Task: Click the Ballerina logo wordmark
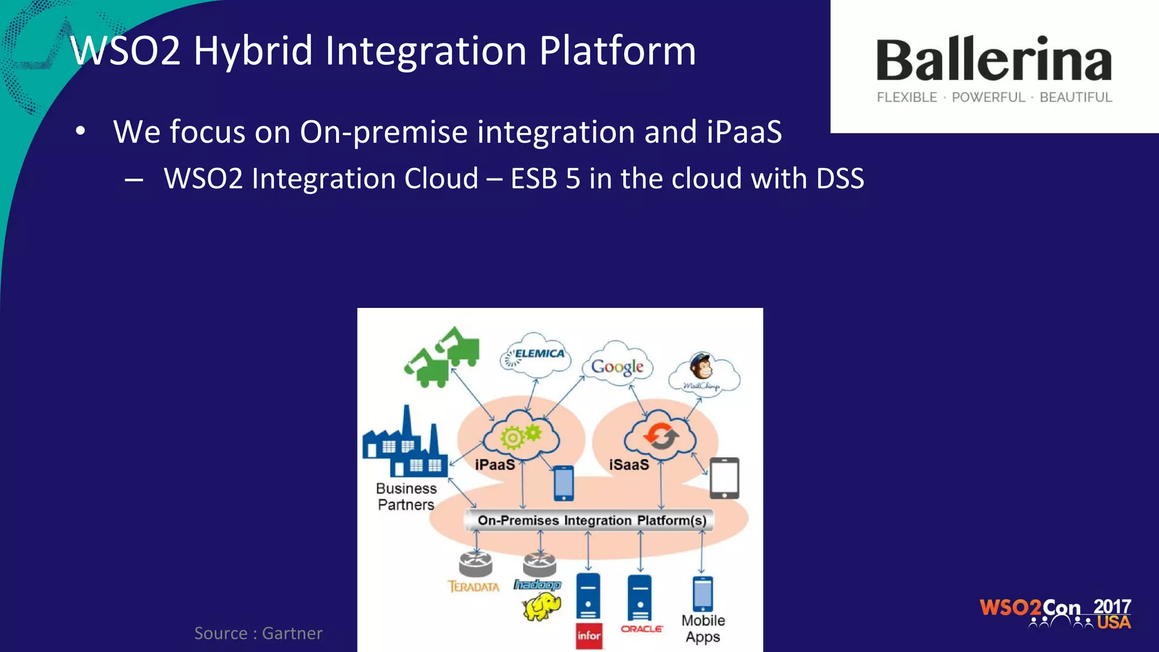click(994, 61)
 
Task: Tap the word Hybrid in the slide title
click(253, 52)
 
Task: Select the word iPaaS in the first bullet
click(744, 132)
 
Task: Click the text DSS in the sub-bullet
click(840, 179)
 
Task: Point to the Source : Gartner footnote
click(258, 633)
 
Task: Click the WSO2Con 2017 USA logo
click(1055, 614)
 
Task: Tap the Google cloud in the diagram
click(617, 367)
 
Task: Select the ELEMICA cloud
click(536, 354)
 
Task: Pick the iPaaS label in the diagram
click(495, 465)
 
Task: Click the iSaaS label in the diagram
click(629, 465)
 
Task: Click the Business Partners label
click(406, 496)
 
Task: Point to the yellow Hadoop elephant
click(542, 607)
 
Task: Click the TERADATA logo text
click(474, 587)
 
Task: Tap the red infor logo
click(589, 636)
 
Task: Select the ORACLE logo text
click(642, 629)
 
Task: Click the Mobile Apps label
click(703, 628)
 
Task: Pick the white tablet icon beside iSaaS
click(724, 478)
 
